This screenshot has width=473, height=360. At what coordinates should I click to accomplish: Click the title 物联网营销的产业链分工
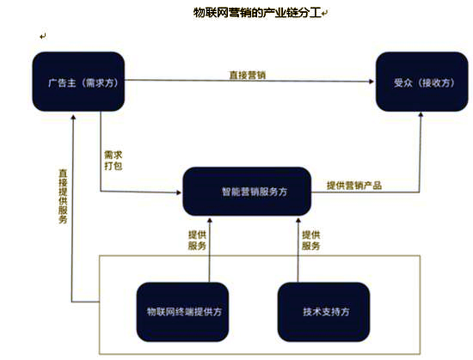point(256,13)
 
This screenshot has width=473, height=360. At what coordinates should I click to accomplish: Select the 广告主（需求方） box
point(79,82)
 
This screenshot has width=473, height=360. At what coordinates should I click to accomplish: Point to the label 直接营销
point(247,75)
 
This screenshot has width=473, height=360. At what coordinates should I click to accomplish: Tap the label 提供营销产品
point(353,185)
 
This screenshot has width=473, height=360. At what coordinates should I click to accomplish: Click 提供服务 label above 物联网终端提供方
point(197,240)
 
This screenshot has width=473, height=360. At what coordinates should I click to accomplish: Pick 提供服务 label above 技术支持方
point(310,240)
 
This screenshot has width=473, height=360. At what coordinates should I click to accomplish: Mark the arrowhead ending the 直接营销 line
point(371,82)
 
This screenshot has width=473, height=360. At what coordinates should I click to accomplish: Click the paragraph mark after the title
point(325,14)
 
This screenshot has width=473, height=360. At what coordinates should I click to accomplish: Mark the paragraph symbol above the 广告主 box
point(42,36)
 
